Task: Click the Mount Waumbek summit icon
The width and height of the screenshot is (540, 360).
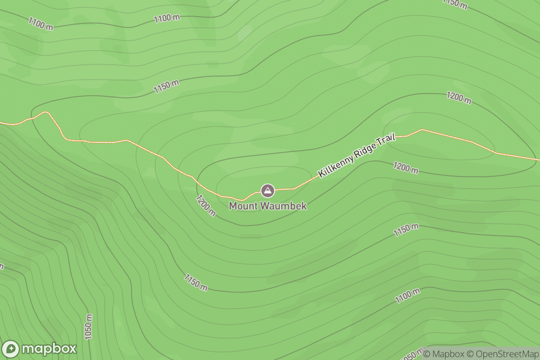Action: click(x=268, y=190)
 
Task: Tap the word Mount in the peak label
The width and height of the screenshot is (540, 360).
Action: click(x=240, y=206)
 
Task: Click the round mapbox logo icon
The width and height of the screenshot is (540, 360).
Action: click(x=10, y=349)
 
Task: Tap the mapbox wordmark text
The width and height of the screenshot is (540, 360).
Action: click(x=49, y=349)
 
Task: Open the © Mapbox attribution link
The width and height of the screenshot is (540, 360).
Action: click(x=444, y=354)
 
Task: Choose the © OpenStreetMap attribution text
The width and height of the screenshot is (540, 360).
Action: click(x=502, y=354)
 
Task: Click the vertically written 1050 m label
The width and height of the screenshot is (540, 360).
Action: click(x=89, y=326)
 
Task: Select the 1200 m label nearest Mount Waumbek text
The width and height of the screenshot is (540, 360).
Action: click(x=206, y=205)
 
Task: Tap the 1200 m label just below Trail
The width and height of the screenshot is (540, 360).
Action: click(x=405, y=168)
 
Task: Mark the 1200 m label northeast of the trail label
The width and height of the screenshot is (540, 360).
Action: click(x=459, y=97)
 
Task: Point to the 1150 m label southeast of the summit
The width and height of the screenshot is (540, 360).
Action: click(x=406, y=230)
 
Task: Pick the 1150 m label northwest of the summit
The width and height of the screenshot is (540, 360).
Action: click(x=166, y=86)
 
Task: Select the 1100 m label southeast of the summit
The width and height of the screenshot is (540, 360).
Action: click(x=407, y=296)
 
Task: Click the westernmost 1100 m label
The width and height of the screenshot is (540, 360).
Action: click(x=40, y=24)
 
